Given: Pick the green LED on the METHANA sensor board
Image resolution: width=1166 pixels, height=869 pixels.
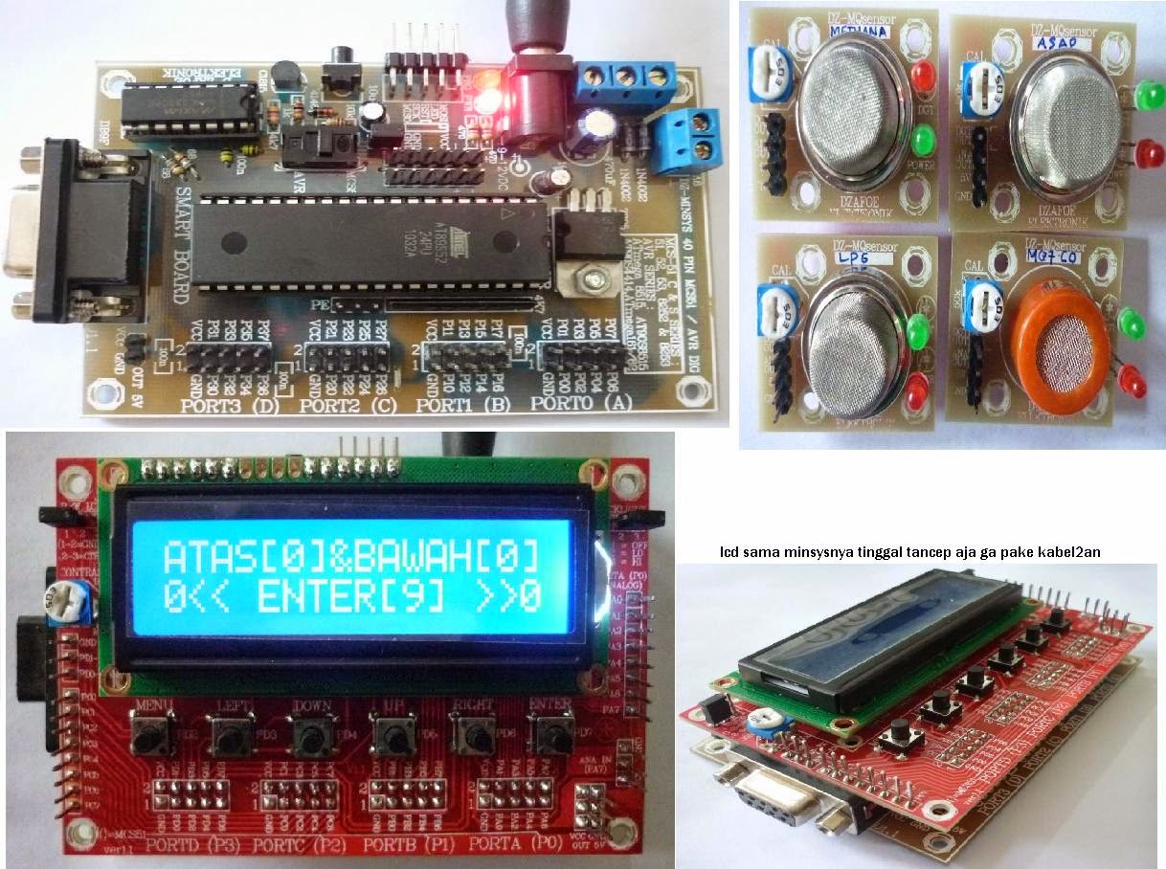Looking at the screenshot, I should (x=923, y=144).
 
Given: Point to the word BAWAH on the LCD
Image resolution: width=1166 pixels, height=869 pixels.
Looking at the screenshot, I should (x=421, y=555).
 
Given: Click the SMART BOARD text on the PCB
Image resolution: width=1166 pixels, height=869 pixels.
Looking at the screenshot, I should (x=182, y=240).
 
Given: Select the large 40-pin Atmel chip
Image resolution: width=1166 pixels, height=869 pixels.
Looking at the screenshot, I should (x=370, y=243).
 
